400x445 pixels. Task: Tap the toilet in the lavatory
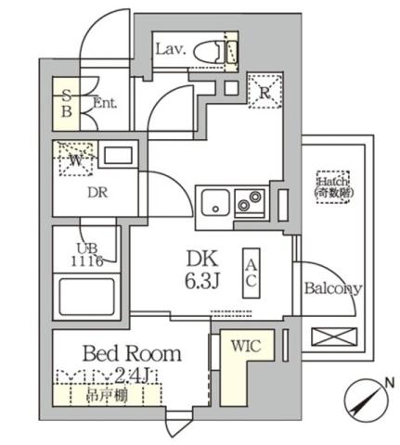[219, 50]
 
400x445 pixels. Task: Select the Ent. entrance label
[105, 104]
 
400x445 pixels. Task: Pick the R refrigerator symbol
[264, 90]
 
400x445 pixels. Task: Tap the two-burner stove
[250, 199]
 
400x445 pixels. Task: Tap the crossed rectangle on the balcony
[331, 337]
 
